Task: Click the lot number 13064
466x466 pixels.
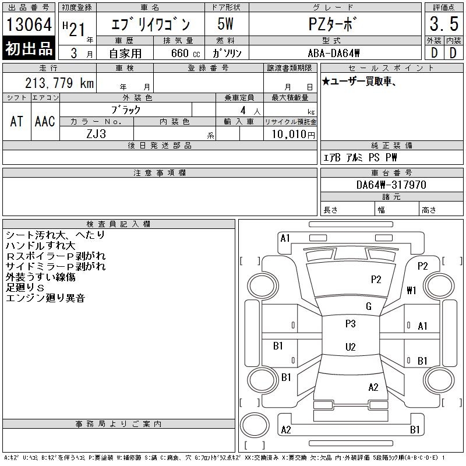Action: [x=29, y=24]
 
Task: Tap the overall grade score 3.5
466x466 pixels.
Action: [x=444, y=24]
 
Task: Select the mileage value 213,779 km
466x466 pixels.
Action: [x=59, y=83]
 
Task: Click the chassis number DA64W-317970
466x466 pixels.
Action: [x=391, y=185]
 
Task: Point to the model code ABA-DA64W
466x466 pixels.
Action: [x=333, y=53]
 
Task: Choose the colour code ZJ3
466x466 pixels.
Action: [x=96, y=134]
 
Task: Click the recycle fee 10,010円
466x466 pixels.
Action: [x=293, y=134]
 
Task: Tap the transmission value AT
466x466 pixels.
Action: [x=16, y=121]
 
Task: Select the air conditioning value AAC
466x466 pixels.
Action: [x=45, y=121]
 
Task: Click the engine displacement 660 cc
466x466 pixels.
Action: [x=185, y=53]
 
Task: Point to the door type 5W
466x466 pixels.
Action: [x=225, y=24]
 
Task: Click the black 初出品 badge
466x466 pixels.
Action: [x=29, y=48]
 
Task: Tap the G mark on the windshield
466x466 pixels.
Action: [x=369, y=306]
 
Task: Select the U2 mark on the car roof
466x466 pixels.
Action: [x=351, y=347]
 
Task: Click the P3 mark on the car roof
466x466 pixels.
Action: [x=351, y=323]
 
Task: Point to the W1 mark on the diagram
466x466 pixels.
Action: [x=411, y=290]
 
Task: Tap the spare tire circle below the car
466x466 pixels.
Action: [x=255, y=425]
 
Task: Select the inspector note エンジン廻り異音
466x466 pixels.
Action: [x=45, y=298]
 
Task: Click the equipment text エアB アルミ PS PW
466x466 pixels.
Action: [x=360, y=157]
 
